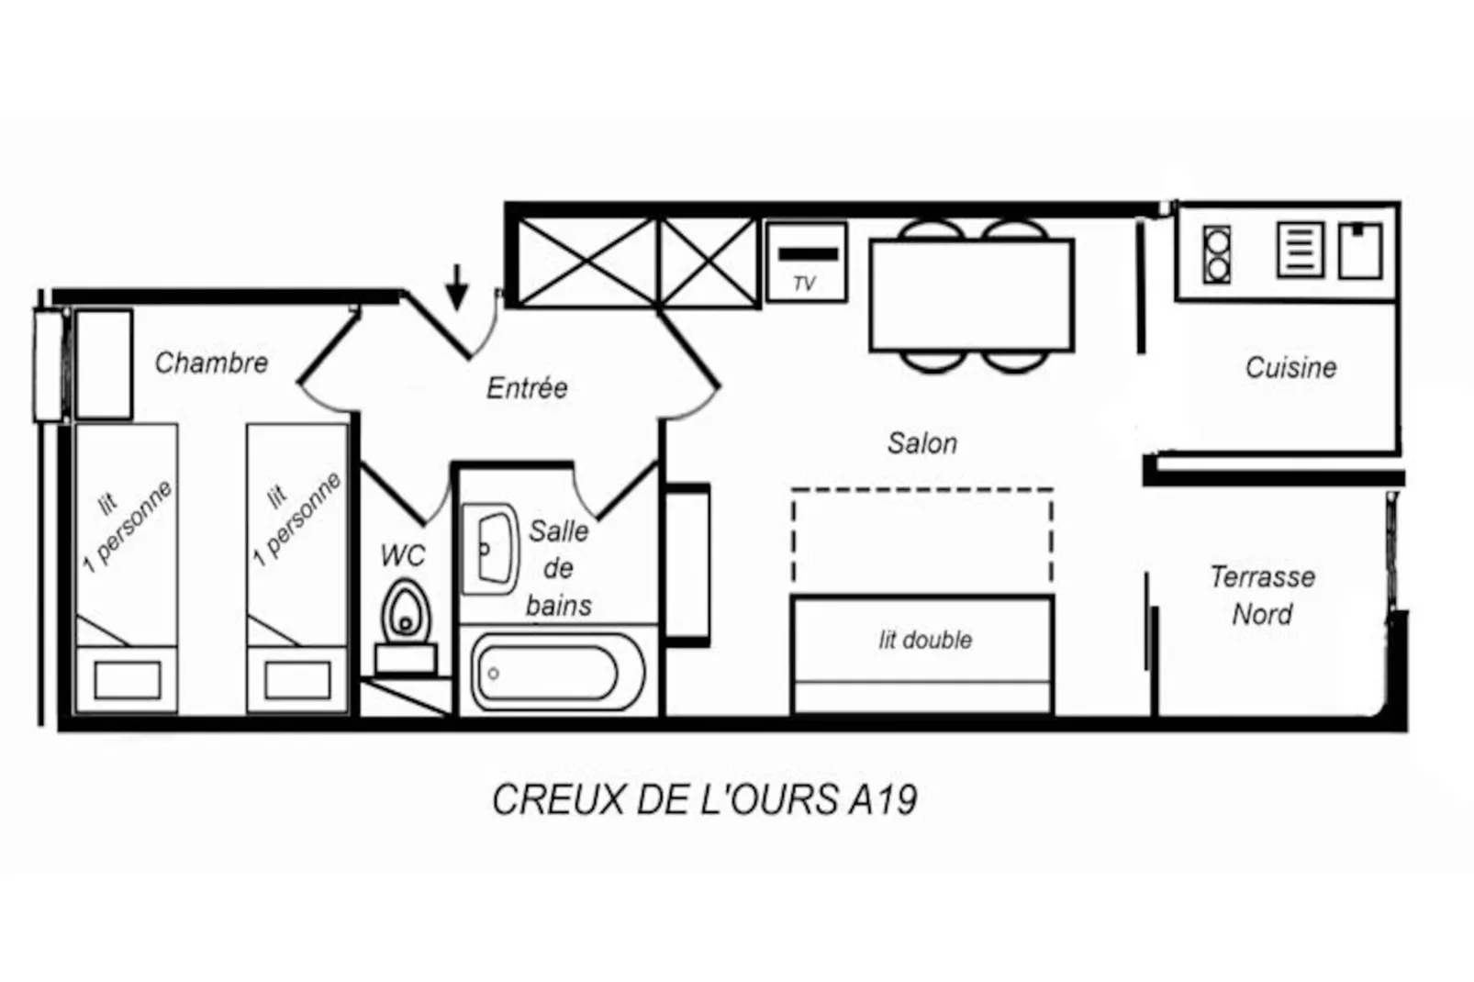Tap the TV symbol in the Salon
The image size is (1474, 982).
pyautogui.click(x=806, y=262)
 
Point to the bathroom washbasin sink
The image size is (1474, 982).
pyautogui.click(x=491, y=549)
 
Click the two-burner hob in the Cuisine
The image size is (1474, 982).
pyautogui.click(x=1217, y=254)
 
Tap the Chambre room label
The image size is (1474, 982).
pyautogui.click(x=211, y=363)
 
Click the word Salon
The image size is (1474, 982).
pyautogui.click(x=921, y=444)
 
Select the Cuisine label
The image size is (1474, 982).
pyautogui.click(x=1290, y=368)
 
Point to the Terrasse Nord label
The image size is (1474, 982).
pyautogui.click(x=1262, y=595)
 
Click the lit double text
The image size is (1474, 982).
pyautogui.click(x=924, y=641)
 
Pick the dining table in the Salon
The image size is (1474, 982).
pyautogui.click(x=971, y=295)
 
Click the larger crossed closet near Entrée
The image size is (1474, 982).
pyautogui.click(x=588, y=262)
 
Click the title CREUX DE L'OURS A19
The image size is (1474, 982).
pyautogui.click(x=704, y=800)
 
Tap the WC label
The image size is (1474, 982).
pyautogui.click(x=402, y=556)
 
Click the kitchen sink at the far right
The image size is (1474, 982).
pyautogui.click(x=1359, y=251)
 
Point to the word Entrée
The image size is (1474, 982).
pyautogui.click(x=526, y=388)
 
